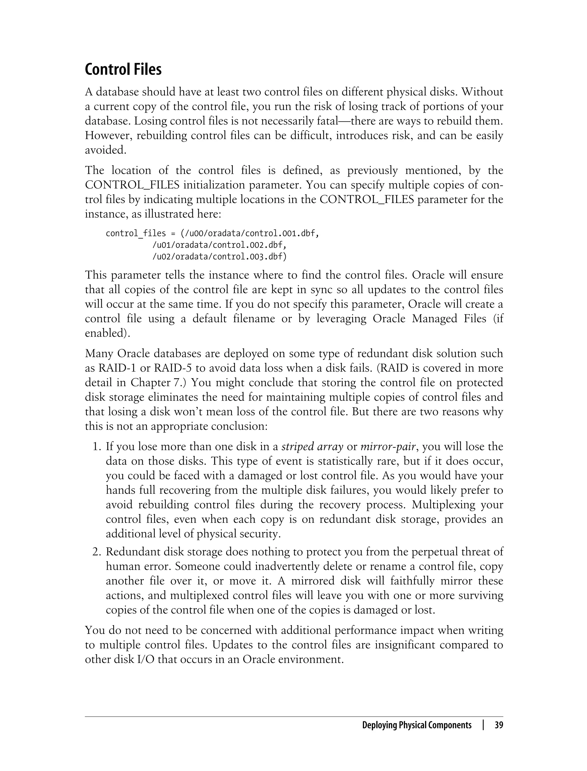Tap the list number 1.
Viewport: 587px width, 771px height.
[96, 447]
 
